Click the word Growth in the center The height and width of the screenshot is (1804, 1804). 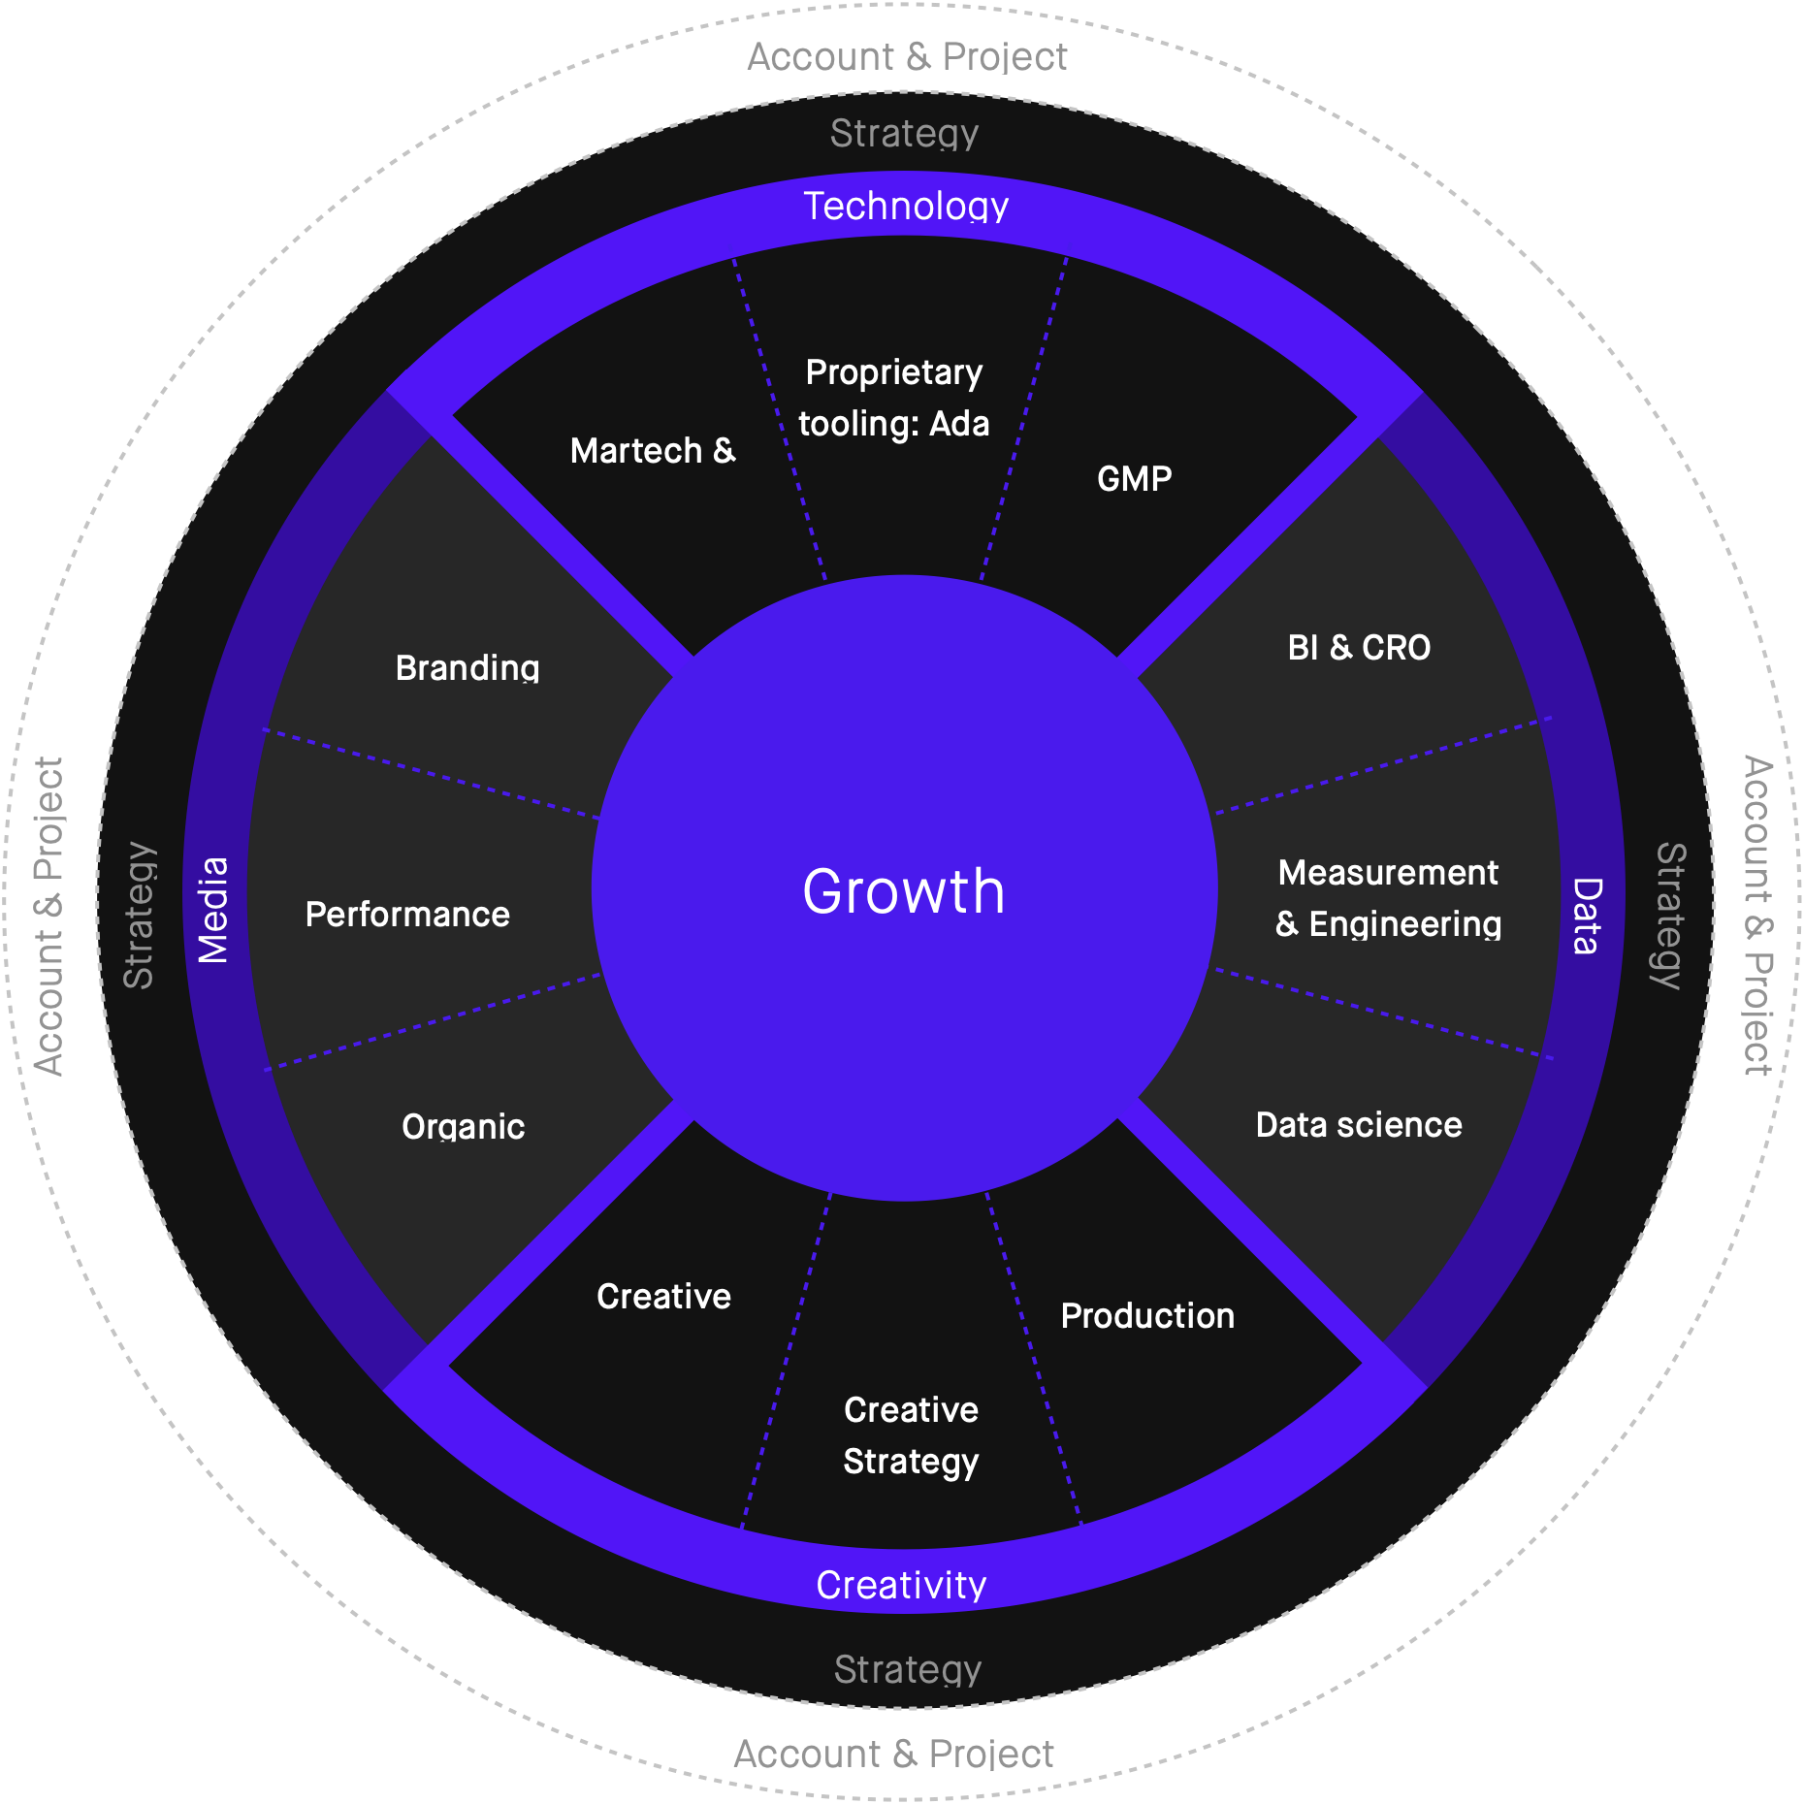(x=903, y=890)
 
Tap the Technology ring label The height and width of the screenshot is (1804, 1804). (x=906, y=207)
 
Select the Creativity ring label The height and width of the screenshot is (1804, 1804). (x=901, y=1585)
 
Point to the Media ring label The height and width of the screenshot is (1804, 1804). (x=213, y=910)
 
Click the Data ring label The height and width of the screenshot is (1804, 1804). (x=1587, y=916)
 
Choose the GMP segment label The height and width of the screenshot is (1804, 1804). (x=1134, y=478)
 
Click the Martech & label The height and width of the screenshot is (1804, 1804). (x=653, y=451)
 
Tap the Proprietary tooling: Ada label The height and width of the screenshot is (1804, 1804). (x=893, y=399)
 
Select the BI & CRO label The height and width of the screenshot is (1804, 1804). (x=1359, y=647)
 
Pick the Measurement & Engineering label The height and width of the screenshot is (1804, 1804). (x=1388, y=898)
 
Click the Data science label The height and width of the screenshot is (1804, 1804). (x=1359, y=1125)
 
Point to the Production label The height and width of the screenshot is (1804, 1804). (x=1147, y=1316)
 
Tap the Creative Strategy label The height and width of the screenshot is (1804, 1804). (x=911, y=1435)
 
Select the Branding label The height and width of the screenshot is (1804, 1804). (x=467, y=668)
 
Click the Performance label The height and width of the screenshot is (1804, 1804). (x=407, y=915)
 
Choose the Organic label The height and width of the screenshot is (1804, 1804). (x=464, y=1127)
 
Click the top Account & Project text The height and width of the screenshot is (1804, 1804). (x=907, y=57)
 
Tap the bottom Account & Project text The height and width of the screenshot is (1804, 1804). (x=893, y=1754)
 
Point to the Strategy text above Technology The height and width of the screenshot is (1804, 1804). (x=904, y=134)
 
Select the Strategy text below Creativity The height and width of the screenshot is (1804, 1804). (x=908, y=1670)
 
